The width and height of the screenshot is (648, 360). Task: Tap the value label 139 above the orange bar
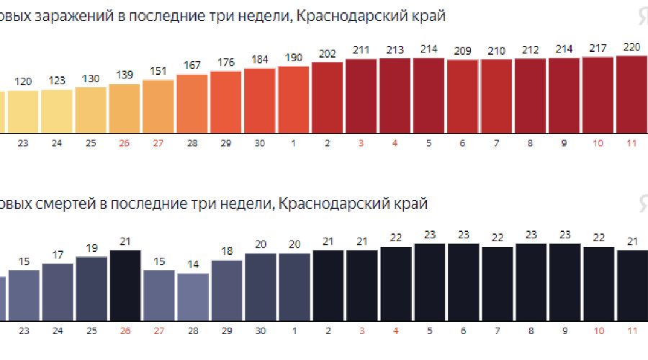[x=124, y=75]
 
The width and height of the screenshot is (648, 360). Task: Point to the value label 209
[x=462, y=51]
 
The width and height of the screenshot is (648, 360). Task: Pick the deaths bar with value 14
[x=192, y=295]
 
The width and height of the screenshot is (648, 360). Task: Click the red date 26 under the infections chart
[x=124, y=143]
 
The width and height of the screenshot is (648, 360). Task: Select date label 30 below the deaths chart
[x=259, y=332]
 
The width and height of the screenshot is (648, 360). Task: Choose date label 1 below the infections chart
[x=293, y=143]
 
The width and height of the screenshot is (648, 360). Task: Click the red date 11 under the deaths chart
[x=631, y=332]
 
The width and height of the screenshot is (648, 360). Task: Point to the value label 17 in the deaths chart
[x=57, y=255]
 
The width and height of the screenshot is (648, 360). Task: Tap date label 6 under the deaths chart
[x=462, y=332]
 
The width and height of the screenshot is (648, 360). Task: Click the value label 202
[x=327, y=54]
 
